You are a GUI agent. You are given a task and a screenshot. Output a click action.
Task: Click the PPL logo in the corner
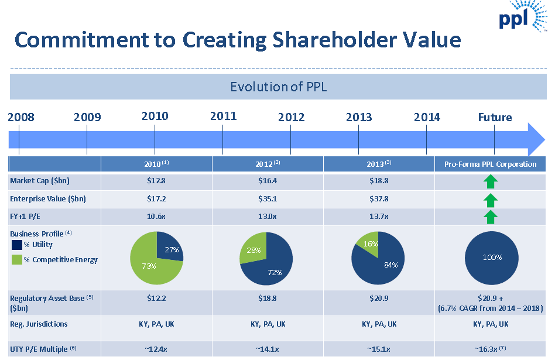tap(522, 16)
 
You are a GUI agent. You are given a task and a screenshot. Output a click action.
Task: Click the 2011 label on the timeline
tap(223, 116)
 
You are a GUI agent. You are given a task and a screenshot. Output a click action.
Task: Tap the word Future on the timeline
tap(495, 117)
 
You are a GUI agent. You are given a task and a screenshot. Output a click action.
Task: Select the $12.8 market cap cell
tap(156, 181)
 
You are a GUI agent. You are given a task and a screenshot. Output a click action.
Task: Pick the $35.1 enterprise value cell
tap(267, 198)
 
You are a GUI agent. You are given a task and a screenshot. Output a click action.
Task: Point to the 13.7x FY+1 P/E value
tap(379, 217)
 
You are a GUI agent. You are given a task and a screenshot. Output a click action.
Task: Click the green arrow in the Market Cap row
tap(491, 181)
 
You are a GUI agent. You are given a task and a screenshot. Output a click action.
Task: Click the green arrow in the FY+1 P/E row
tap(491, 217)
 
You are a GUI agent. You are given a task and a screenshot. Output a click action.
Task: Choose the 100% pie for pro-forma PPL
tap(491, 258)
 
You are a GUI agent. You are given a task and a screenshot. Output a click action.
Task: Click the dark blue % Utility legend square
tap(16, 245)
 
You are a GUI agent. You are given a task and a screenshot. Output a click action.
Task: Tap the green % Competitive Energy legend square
tap(16, 259)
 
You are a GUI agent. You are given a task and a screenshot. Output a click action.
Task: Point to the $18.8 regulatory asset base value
tap(267, 298)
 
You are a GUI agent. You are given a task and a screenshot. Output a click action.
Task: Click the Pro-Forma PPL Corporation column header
tap(490, 164)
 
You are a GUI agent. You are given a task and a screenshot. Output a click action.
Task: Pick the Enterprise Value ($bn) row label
tap(48, 198)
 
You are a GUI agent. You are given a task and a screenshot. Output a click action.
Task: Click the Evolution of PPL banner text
tap(278, 87)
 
